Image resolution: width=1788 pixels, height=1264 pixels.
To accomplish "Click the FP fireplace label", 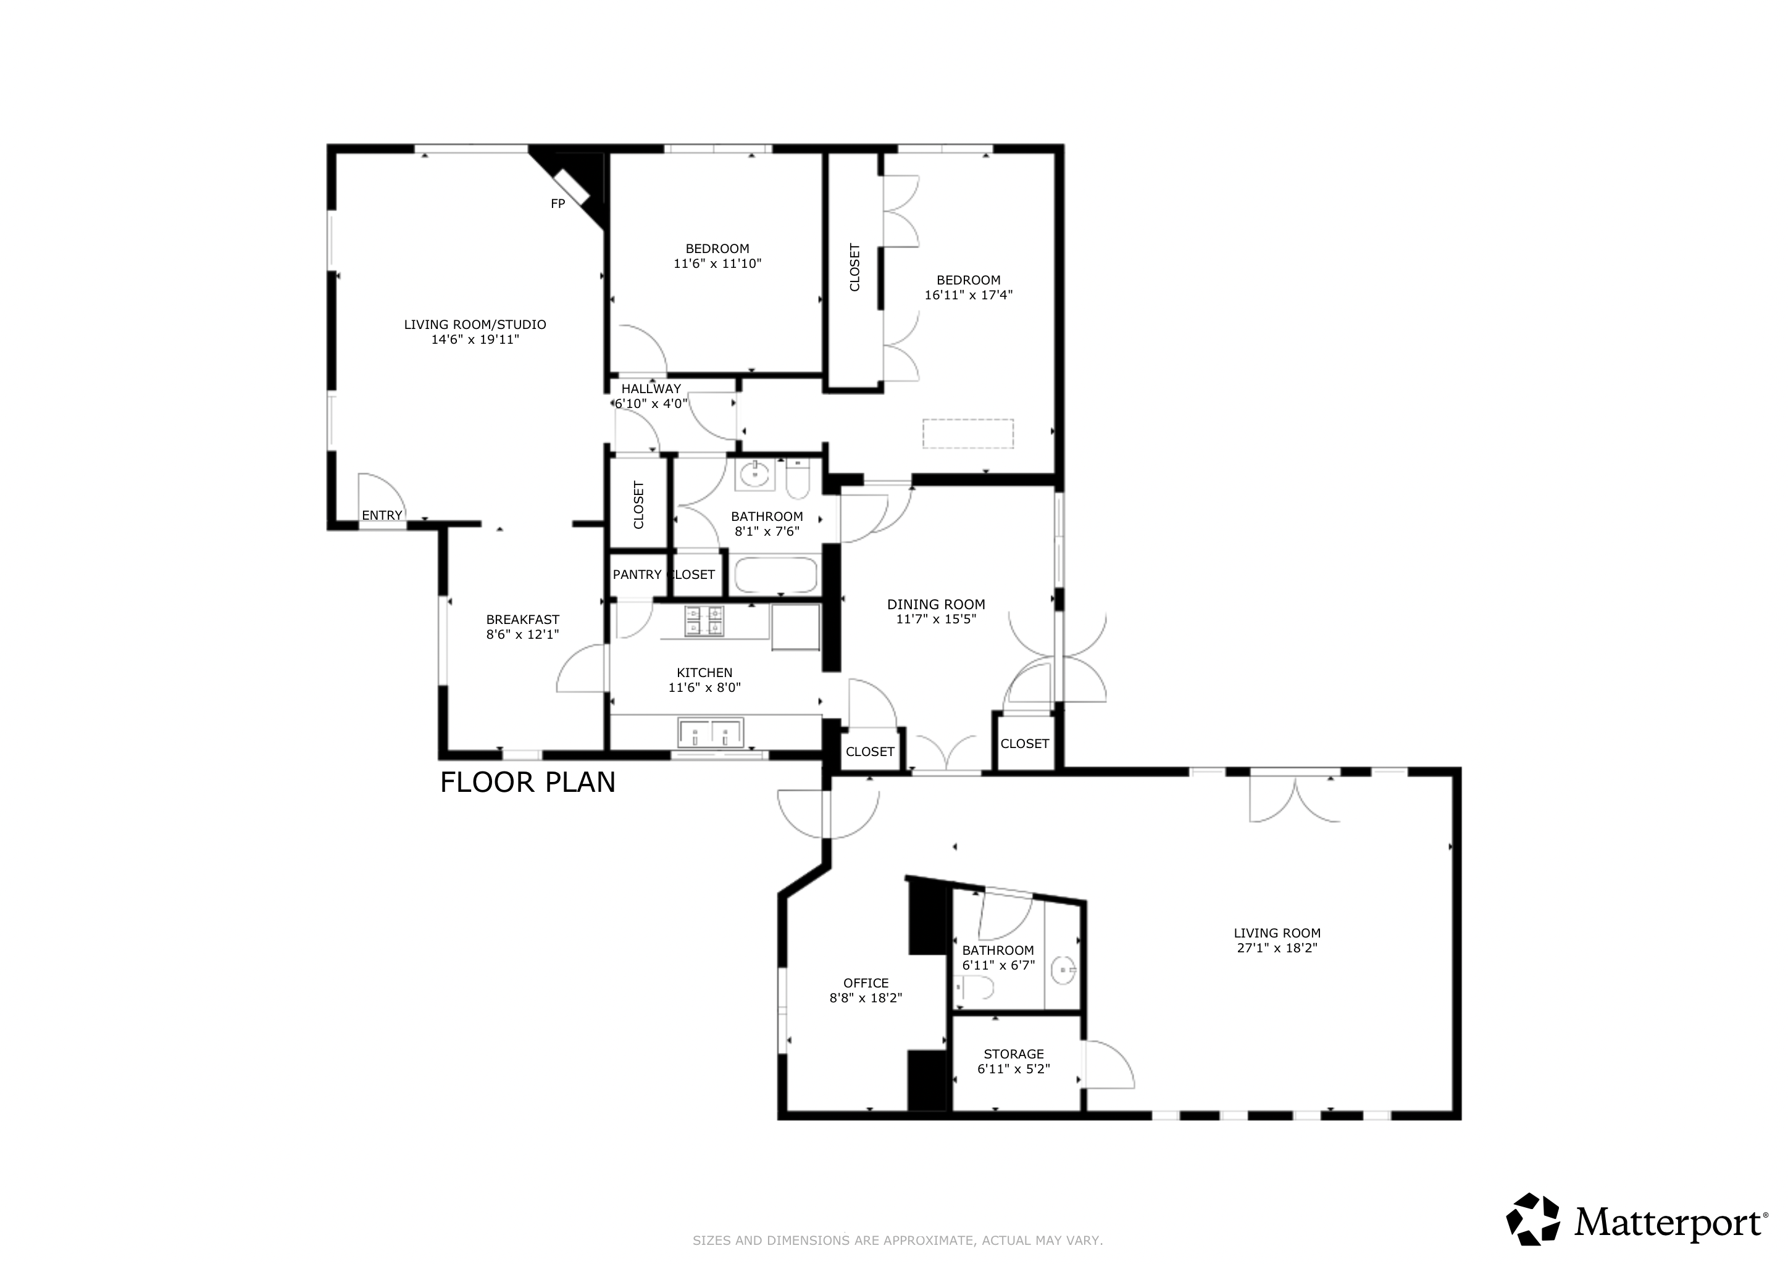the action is click(558, 204).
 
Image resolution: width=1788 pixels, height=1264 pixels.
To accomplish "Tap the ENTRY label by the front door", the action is click(382, 515).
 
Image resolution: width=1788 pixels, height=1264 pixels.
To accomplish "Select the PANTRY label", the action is click(637, 575).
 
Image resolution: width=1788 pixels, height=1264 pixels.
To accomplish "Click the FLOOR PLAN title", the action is click(528, 782).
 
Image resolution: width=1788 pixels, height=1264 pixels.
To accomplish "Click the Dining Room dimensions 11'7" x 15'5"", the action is click(936, 619).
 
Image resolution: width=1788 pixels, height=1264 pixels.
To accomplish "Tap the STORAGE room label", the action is click(1014, 1054).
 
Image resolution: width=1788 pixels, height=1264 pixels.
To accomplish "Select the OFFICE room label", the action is click(866, 983).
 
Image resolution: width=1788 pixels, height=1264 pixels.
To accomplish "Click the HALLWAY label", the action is click(651, 388).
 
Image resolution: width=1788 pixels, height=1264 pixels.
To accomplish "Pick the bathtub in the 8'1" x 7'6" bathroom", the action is click(775, 575).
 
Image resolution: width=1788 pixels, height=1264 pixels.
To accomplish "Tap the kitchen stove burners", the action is click(704, 621).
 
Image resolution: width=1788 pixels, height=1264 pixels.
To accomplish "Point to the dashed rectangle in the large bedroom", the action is click(968, 433).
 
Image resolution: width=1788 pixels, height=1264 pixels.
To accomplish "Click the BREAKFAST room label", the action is click(522, 620).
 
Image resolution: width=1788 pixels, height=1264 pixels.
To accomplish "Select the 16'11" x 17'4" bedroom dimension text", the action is click(969, 295).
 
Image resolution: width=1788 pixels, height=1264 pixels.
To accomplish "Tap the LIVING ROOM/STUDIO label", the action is click(475, 325).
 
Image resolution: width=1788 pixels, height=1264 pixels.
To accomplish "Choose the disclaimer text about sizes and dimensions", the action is click(898, 1241).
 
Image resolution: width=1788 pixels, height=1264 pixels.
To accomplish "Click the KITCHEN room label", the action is click(704, 673).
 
